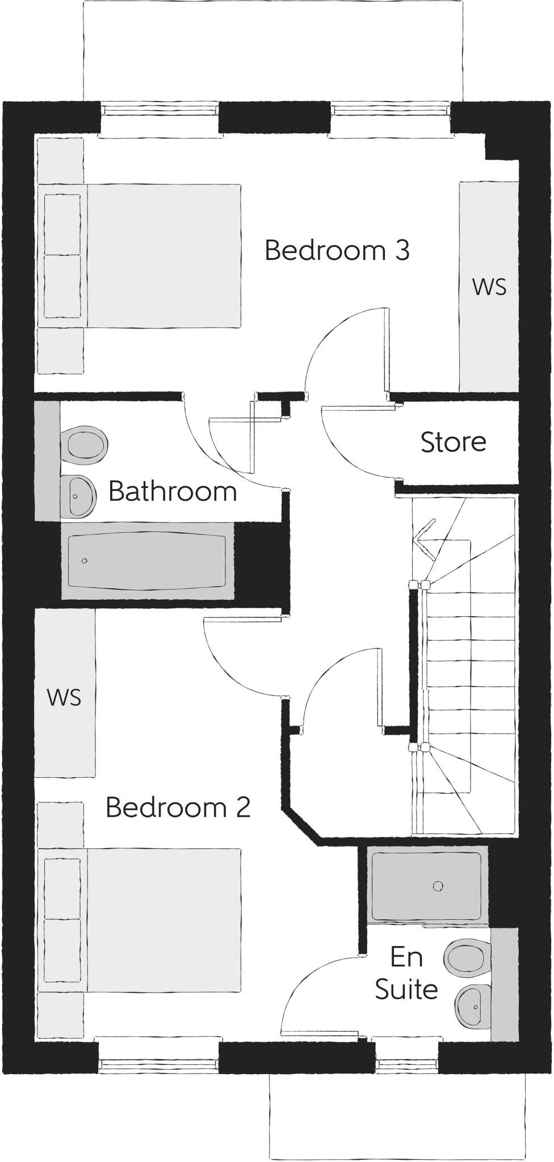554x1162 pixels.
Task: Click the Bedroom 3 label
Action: coord(337,250)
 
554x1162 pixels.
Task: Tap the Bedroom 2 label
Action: coord(178,807)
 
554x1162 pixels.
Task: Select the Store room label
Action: coord(453,442)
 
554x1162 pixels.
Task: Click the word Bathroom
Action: coord(173,491)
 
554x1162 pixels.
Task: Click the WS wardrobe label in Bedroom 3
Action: coord(489,287)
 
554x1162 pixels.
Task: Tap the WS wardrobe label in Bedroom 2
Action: coord(64,697)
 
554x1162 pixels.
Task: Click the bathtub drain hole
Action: coord(85,561)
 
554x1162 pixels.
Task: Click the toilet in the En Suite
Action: coord(467,957)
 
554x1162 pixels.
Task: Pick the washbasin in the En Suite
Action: coord(473,1007)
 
